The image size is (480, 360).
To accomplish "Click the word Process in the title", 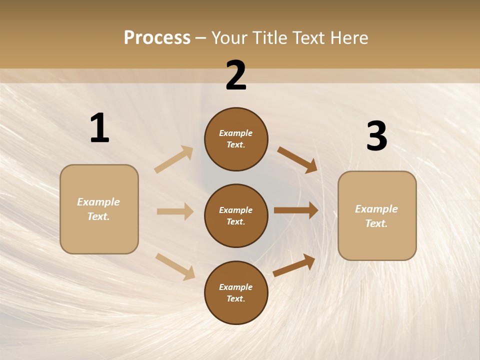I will (x=157, y=38).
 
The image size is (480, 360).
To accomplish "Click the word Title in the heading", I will (x=269, y=38).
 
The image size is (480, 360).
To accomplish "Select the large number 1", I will (x=99, y=128).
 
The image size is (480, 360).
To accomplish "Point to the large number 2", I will (x=236, y=75).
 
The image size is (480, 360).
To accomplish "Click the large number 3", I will (x=377, y=136).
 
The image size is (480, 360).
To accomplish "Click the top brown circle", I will (x=236, y=139).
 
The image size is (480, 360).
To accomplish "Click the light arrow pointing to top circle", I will (x=174, y=159).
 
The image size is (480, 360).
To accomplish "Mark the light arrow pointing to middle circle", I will (x=175, y=211).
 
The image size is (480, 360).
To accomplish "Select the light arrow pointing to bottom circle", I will (x=175, y=266).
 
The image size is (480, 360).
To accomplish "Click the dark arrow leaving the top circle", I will (x=297, y=159).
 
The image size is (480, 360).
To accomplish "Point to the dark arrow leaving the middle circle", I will (x=296, y=210).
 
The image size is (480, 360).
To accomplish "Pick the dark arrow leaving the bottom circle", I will (x=294, y=265).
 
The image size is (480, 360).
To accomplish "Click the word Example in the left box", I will (x=98, y=202).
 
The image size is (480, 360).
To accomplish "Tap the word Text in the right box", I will (x=376, y=223).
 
